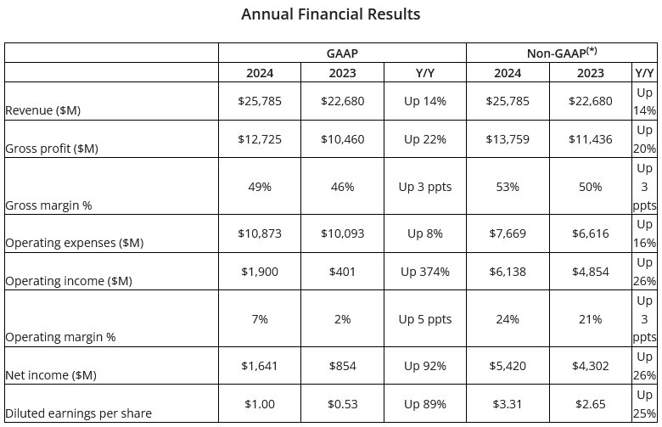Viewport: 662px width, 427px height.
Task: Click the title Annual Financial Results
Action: (x=330, y=14)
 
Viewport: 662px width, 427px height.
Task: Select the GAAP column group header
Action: (x=342, y=53)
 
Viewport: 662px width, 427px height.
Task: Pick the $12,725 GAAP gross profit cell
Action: (x=260, y=139)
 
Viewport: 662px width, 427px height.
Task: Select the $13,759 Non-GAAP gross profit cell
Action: (x=508, y=139)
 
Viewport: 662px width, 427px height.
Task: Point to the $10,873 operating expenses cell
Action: (x=260, y=233)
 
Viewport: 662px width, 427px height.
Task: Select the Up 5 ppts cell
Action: (x=424, y=319)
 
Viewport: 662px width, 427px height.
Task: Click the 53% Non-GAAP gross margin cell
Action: (x=508, y=187)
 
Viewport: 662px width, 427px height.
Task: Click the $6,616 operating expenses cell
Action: (x=591, y=233)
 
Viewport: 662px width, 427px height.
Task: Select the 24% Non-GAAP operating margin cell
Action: (x=508, y=319)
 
